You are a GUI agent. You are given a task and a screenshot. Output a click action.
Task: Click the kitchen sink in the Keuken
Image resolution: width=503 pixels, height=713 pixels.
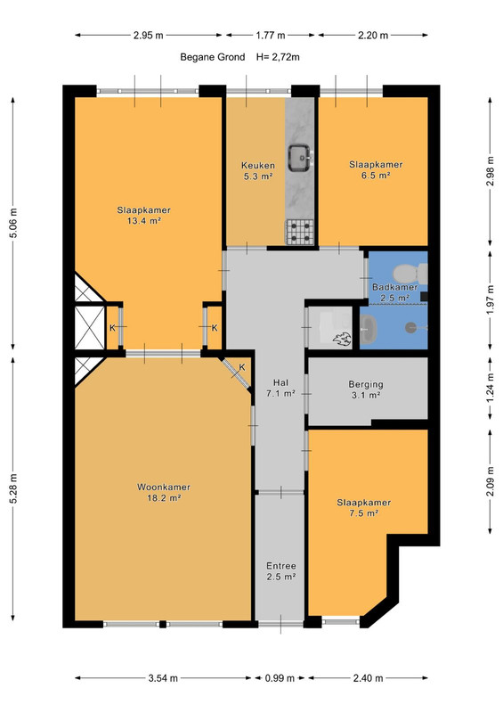click(300, 158)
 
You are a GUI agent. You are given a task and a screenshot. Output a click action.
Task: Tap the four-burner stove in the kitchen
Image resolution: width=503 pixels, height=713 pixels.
click(299, 232)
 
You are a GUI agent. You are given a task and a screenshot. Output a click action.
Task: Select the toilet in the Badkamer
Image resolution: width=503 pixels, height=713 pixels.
click(410, 274)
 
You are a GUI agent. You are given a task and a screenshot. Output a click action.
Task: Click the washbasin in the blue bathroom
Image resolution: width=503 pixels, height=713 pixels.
click(369, 327)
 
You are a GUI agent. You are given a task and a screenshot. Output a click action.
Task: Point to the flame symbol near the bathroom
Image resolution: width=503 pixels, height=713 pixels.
click(341, 340)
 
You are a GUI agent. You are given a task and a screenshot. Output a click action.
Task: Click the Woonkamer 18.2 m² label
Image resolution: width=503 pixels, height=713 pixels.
click(164, 493)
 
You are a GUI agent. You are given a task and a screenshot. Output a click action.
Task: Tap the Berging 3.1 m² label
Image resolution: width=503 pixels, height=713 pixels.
click(366, 389)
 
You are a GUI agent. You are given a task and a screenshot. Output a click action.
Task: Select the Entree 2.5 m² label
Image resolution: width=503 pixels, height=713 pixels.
click(281, 571)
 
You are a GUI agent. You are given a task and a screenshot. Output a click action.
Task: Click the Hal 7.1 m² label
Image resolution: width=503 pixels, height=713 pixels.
click(280, 388)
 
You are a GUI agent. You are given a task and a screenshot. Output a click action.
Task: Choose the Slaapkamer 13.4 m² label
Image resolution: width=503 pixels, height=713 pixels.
click(143, 216)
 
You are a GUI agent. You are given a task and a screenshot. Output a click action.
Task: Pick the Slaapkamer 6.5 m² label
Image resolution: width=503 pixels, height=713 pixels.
click(376, 169)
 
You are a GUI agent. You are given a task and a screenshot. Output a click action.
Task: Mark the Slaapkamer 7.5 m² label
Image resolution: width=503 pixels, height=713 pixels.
click(363, 507)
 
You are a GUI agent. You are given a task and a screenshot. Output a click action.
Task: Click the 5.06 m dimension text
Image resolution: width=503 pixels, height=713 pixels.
click(13, 223)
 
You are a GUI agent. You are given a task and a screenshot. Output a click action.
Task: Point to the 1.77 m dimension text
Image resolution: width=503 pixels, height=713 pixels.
click(271, 35)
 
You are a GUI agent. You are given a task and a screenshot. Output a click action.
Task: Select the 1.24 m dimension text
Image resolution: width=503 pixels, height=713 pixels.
click(490, 388)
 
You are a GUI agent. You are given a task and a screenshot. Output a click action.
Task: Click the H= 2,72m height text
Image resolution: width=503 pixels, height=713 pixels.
click(278, 57)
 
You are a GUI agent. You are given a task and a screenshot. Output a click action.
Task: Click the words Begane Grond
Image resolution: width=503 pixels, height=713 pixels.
click(213, 57)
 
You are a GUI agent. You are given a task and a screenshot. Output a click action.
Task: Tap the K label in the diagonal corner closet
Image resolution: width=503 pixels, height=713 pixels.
click(242, 367)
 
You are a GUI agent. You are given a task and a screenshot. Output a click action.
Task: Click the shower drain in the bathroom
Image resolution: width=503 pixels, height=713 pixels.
click(411, 326)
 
